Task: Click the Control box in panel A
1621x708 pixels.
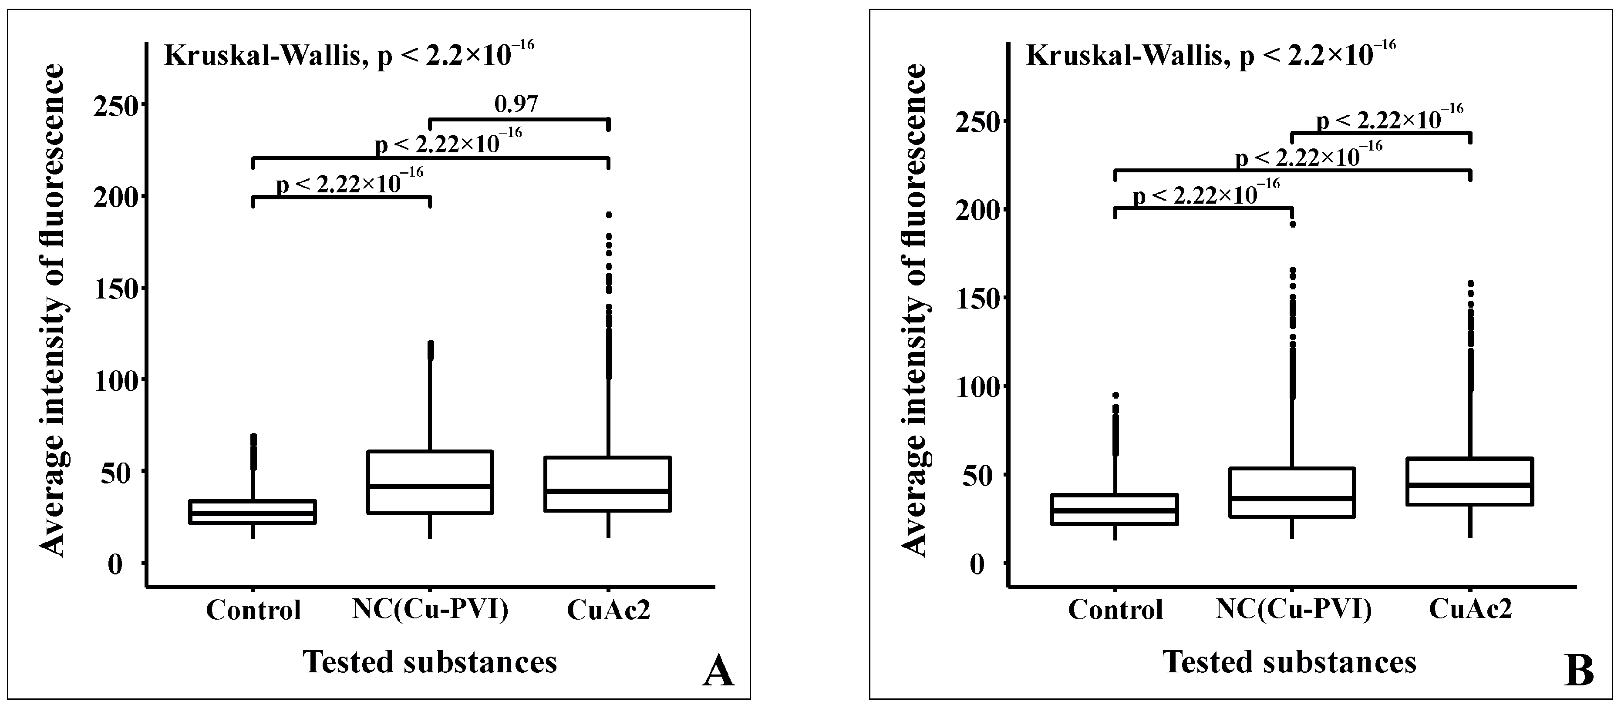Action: (x=253, y=511)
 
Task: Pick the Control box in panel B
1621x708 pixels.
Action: (x=1115, y=509)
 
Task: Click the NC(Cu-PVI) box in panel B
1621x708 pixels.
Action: (x=1291, y=492)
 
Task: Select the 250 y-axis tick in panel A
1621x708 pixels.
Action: (x=116, y=104)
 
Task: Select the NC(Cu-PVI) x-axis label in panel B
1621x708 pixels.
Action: (x=1293, y=609)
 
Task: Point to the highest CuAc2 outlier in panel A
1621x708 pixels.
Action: (x=609, y=215)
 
